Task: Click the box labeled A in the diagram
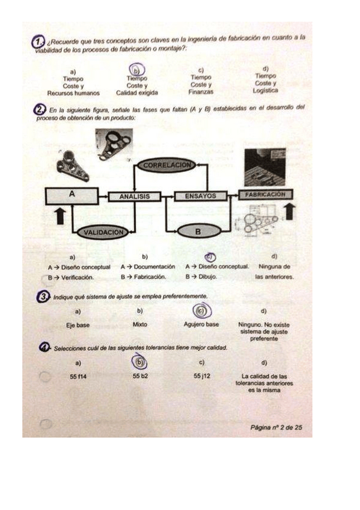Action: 72,195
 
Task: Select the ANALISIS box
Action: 134,196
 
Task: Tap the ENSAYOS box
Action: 200,196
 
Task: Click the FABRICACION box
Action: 265,195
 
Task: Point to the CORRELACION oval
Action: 166,164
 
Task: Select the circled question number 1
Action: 39,41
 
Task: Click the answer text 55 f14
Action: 79,376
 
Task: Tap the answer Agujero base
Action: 201,325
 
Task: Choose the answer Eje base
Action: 78,325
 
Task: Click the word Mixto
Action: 139,325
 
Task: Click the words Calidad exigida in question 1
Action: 137,93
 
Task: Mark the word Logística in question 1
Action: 266,91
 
